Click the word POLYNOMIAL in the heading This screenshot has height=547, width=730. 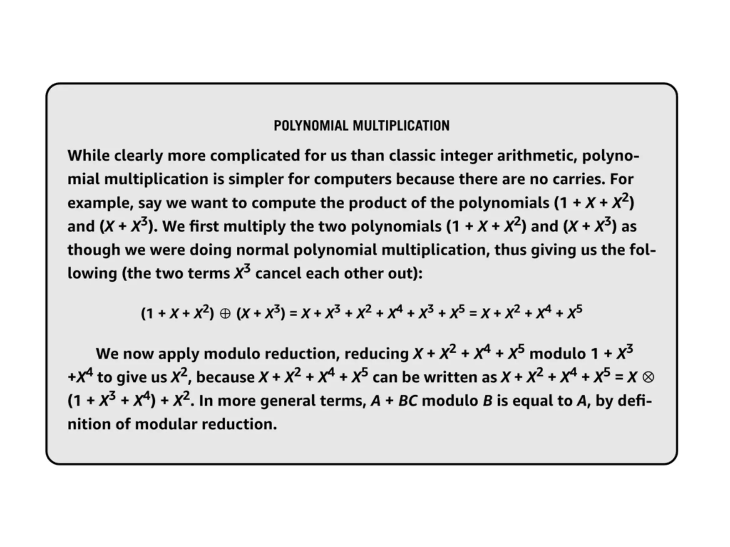point(310,126)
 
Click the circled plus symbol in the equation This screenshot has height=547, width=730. point(225,314)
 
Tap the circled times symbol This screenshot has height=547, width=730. point(648,377)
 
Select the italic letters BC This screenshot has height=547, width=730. point(407,401)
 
